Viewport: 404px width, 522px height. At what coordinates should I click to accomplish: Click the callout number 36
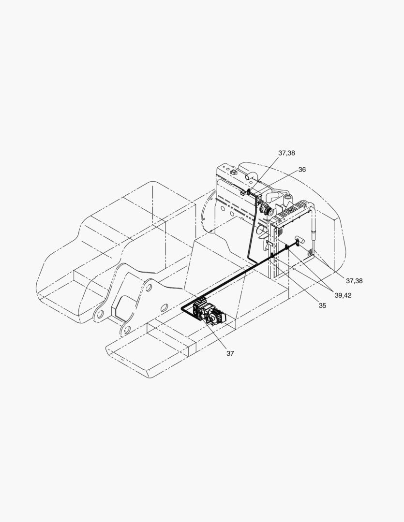coord(301,170)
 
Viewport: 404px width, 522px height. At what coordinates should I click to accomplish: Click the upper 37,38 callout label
coord(286,153)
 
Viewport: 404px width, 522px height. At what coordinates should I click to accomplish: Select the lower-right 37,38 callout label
coord(354,281)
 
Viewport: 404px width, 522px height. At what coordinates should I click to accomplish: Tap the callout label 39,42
coord(343,295)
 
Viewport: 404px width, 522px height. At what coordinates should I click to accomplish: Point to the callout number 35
coord(322,305)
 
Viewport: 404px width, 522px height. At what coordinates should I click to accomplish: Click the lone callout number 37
coord(230,353)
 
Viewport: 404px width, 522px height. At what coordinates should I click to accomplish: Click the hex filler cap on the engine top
coord(233,173)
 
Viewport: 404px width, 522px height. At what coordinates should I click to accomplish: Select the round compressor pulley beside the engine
coord(265,209)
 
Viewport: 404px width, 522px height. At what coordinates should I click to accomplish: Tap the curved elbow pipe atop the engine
coord(251,176)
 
